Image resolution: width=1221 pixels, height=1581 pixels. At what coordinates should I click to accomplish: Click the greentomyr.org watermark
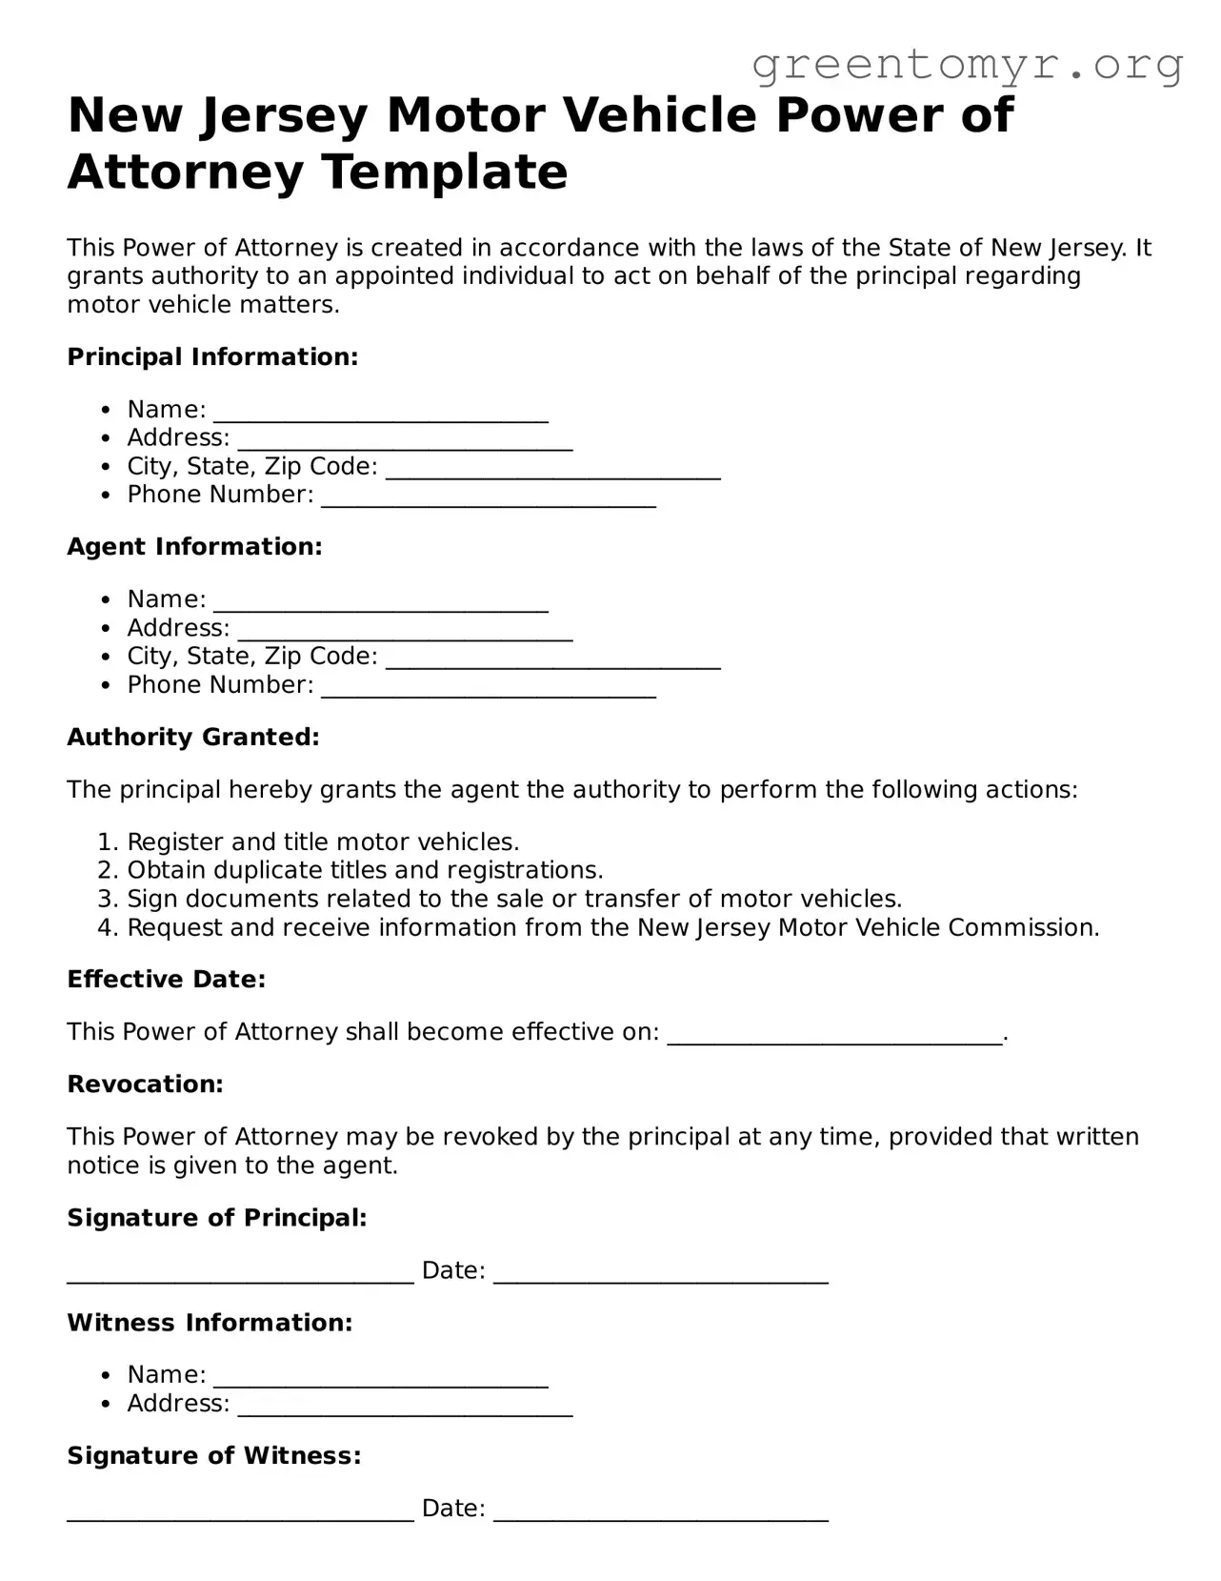click(967, 65)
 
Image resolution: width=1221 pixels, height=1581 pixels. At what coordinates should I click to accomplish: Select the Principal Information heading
click(212, 357)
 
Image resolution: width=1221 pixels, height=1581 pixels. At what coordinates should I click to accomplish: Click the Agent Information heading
click(194, 547)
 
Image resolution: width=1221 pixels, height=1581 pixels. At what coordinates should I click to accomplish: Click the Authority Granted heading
click(193, 738)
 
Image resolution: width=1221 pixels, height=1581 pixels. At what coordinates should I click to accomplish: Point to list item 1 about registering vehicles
click(323, 842)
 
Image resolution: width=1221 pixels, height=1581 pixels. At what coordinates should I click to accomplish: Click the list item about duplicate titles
click(365, 871)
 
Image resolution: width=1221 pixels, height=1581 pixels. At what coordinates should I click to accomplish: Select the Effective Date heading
click(166, 980)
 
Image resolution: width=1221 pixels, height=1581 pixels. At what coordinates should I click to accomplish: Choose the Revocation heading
click(145, 1084)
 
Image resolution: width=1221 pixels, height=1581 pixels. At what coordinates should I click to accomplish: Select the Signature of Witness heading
click(214, 1456)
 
